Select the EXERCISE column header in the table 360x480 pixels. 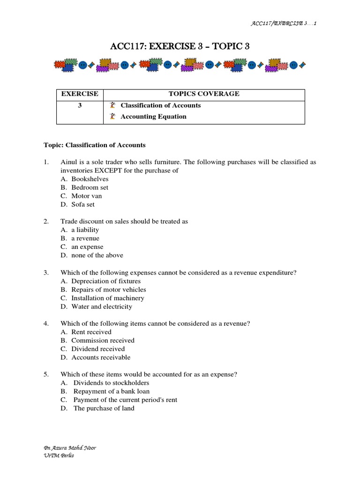coord(80,94)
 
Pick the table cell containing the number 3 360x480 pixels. coord(80,105)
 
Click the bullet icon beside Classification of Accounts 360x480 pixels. coord(112,105)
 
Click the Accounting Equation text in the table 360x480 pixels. coord(153,117)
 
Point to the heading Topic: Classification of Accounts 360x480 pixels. coord(94,145)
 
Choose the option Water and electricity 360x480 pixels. coord(102,307)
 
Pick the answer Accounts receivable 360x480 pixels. coord(101,358)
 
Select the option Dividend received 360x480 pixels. coord(98,349)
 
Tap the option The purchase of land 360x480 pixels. coord(104,408)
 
